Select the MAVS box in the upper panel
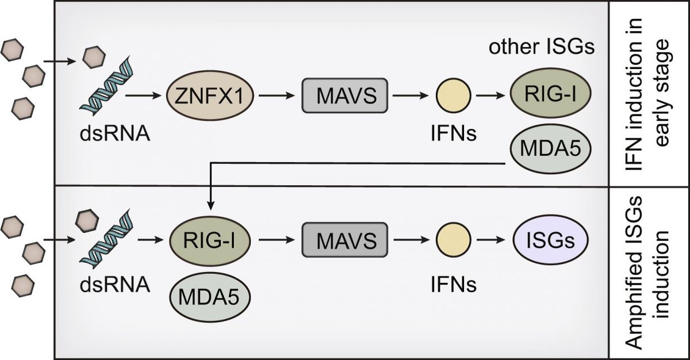(x=344, y=95)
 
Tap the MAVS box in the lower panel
(x=344, y=240)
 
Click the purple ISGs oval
(x=551, y=240)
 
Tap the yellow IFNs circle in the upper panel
(x=454, y=95)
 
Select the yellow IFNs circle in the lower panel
(x=454, y=240)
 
